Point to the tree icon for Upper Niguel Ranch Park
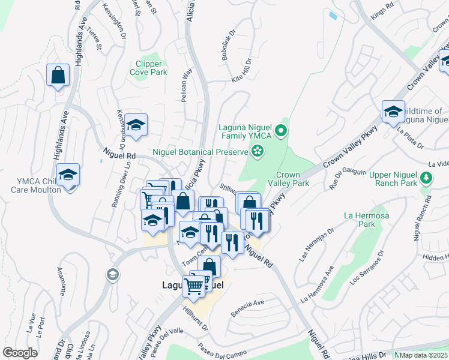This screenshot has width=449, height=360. [426, 178]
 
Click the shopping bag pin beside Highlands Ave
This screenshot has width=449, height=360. [58, 76]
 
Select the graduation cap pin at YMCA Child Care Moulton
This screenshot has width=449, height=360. [68, 175]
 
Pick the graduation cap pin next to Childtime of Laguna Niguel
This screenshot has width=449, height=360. [393, 112]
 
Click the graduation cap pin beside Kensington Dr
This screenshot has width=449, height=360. [136, 125]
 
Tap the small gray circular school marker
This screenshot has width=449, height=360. [111, 275]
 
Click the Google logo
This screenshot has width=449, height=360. [20, 353]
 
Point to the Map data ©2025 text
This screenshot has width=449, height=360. [423, 355]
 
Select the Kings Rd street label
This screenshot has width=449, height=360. [381, 16]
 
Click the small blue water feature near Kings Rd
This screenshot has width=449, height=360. [333, 15]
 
